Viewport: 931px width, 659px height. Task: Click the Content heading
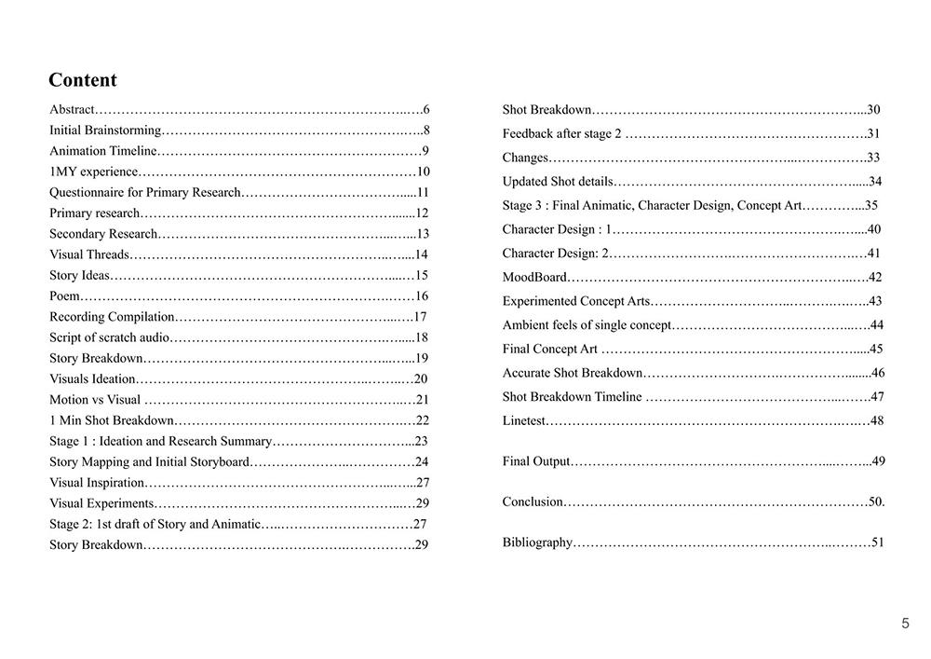pyautogui.click(x=83, y=80)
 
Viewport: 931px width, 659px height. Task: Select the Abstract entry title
pyautogui.click(x=72, y=109)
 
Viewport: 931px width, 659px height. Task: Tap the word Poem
pyautogui.click(x=64, y=295)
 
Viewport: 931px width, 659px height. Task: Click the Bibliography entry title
pyautogui.click(x=537, y=542)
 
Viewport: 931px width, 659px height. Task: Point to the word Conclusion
pyautogui.click(x=533, y=501)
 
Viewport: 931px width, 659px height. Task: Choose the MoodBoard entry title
pyautogui.click(x=534, y=277)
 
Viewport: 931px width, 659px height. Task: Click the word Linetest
pyautogui.click(x=524, y=420)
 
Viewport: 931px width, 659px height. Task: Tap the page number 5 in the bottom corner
pyautogui.click(x=905, y=624)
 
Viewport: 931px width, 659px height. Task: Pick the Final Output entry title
pyautogui.click(x=535, y=461)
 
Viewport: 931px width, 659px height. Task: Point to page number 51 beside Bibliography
pyautogui.click(x=877, y=542)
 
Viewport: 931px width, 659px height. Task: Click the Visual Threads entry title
pyautogui.click(x=89, y=254)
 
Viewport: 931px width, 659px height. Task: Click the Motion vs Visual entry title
pyautogui.click(x=95, y=400)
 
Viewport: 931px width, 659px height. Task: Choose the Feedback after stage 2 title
pyautogui.click(x=561, y=133)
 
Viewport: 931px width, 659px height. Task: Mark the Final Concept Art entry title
pyautogui.click(x=549, y=349)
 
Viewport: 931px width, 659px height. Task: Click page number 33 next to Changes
pyautogui.click(x=873, y=158)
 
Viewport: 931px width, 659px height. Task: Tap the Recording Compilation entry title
pyautogui.click(x=112, y=317)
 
